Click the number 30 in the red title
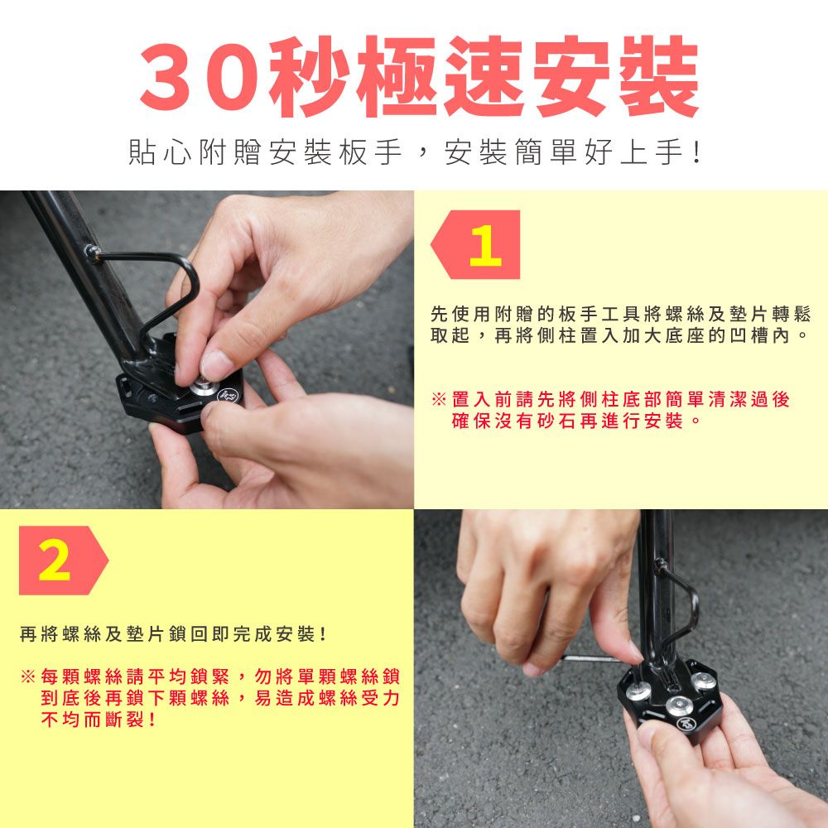tap(200, 76)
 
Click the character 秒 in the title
tap(310, 76)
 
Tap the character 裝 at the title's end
tap(659, 76)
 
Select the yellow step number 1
tap(484, 246)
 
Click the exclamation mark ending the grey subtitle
tap(697, 152)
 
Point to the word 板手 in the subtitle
tap(370, 152)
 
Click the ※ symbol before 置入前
tap(439, 399)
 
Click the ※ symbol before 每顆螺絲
tap(27, 676)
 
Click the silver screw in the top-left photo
tap(204, 386)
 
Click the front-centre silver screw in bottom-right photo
tap(678, 705)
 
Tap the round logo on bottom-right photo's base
tap(686, 724)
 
